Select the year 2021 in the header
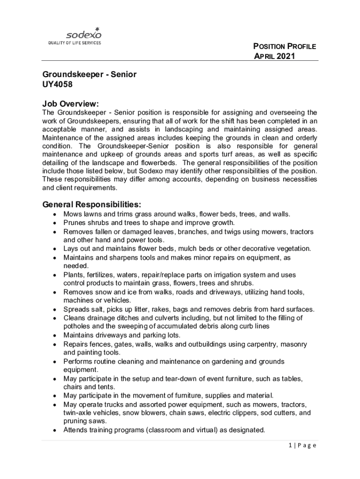pyautogui.click(x=285, y=57)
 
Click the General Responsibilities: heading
pyautogui.click(x=92, y=204)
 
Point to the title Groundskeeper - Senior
pyautogui.click(x=89, y=74)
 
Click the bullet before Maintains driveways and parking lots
pyautogui.click(x=55, y=335)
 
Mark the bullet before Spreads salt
pyautogui.click(x=55, y=309)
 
